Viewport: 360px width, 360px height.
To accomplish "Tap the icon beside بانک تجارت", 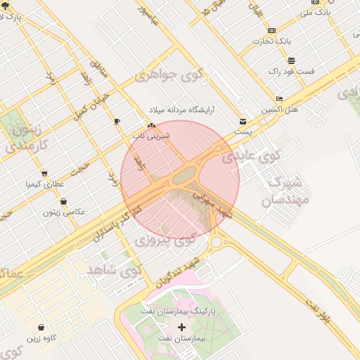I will pyautogui.click(x=272, y=30).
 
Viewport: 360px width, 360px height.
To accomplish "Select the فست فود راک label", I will pyautogui.click(x=290, y=72).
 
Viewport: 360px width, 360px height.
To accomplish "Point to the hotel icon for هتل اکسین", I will pyautogui.click(x=280, y=99).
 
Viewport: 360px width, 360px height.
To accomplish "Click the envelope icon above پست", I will pyautogui.click(x=243, y=121).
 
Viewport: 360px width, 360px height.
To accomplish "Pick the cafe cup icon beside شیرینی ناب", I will pyautogui.click(x=117, y=121).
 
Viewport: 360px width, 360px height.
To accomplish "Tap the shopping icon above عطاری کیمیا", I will pyautogui.click(x=44, y=174).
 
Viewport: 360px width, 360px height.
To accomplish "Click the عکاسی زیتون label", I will pyautogui.click(x=64, y=212).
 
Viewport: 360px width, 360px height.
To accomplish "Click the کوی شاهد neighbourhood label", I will pyautogui.click(x=113, y=269).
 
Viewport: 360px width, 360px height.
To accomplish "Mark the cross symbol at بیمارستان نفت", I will pyautogui.click(x=182, y=328).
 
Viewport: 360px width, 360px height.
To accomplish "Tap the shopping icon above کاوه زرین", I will pyautogui.click(x=41, y=328).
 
